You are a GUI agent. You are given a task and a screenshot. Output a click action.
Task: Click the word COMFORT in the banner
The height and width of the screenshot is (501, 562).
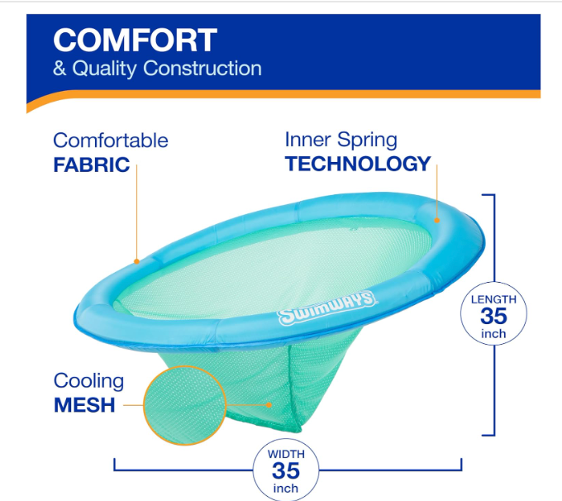135,41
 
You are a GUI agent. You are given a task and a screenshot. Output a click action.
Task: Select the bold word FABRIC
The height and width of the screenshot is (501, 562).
92,165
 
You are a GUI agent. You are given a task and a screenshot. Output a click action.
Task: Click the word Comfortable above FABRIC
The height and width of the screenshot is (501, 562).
111,141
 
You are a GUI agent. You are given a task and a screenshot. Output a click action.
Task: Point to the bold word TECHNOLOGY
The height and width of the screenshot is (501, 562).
358,164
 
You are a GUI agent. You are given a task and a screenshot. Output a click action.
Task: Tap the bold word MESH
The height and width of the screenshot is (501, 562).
84,405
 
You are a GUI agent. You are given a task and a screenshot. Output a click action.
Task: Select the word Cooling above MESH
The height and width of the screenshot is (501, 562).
89,382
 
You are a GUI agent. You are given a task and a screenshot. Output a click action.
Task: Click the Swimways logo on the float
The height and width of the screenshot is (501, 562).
327,308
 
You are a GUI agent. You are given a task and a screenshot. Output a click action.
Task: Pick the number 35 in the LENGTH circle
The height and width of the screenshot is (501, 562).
493,316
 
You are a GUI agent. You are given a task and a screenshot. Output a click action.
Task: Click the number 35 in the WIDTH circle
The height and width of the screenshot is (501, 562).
286,470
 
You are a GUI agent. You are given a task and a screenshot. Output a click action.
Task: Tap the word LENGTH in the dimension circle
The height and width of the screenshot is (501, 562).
493,299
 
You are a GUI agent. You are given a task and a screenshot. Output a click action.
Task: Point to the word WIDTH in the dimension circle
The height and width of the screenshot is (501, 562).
286,454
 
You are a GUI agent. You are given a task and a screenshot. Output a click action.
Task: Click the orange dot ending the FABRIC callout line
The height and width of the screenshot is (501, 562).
136,261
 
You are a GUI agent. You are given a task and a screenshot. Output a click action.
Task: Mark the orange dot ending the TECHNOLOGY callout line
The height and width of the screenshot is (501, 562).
437,220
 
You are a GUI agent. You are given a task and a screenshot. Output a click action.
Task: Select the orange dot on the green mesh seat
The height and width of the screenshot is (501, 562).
269,405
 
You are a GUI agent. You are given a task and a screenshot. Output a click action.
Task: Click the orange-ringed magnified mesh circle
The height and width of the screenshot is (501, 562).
185,406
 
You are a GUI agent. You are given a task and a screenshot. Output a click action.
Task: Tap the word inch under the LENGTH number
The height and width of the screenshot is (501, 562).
493,334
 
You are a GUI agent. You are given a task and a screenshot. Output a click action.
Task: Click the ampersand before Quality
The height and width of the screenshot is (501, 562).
60,68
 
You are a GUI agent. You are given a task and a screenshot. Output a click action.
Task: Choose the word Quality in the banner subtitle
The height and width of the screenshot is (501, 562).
104,68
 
